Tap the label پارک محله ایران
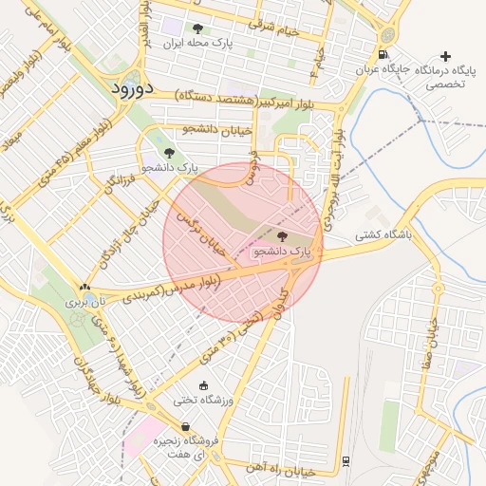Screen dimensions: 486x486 197,44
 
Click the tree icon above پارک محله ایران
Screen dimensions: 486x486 197,28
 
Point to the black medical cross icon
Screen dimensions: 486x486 446,57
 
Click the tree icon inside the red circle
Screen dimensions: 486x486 282,235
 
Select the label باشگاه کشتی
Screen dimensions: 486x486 383,234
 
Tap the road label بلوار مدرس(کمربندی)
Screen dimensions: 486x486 169,288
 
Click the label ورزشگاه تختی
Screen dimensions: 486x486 203,401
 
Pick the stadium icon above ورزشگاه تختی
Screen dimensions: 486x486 203,385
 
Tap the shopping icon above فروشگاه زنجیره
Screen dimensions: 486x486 184,426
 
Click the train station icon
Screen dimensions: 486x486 346,462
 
